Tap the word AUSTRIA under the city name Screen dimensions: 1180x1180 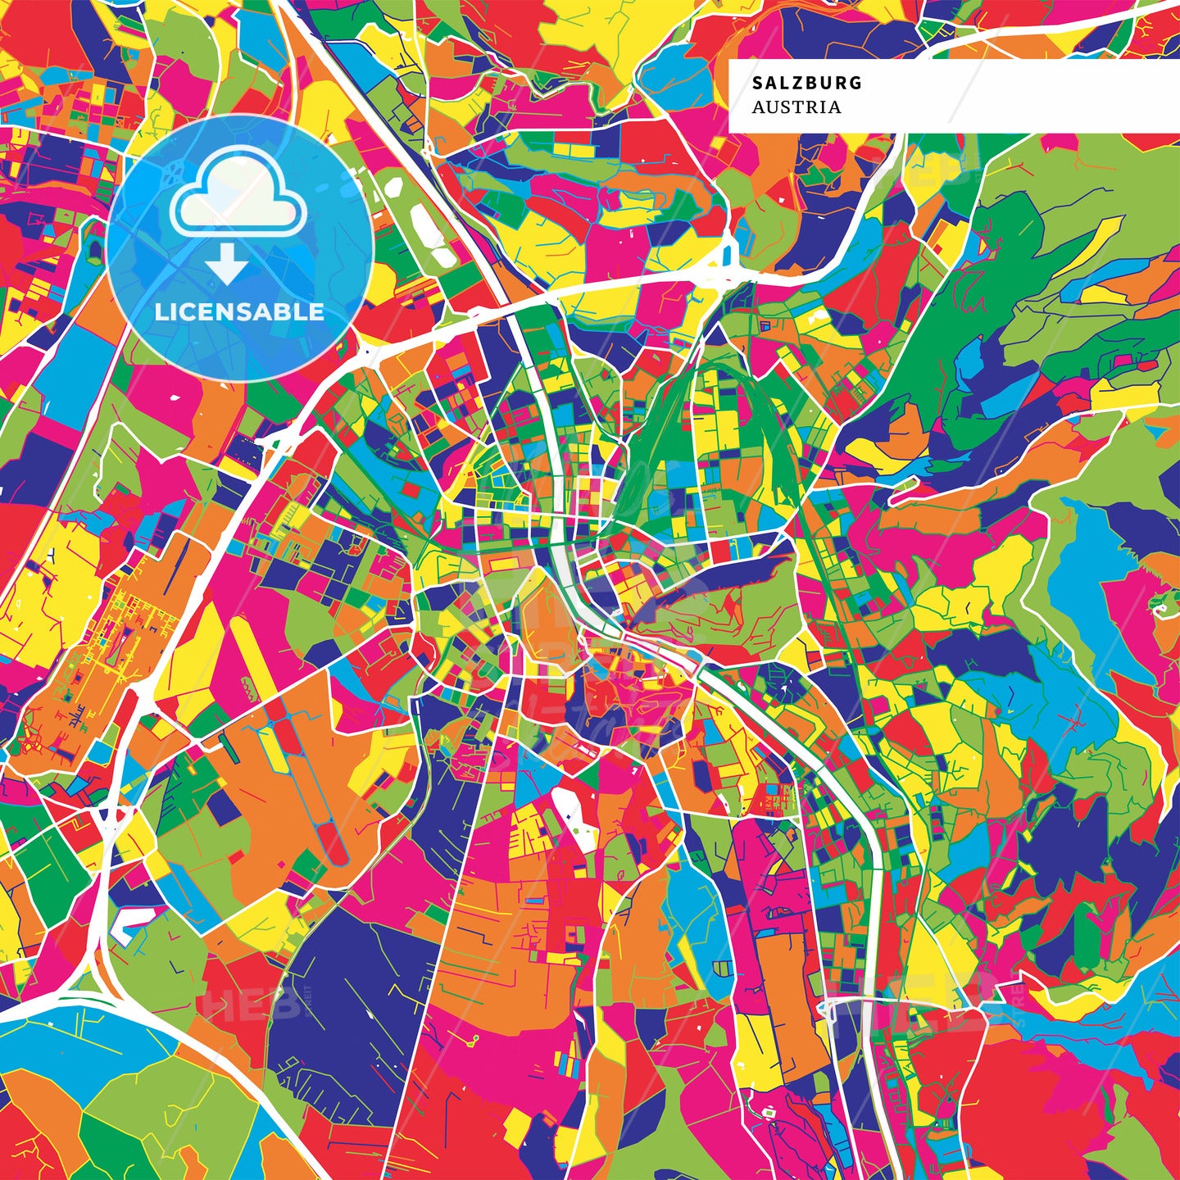(x=796, y=107)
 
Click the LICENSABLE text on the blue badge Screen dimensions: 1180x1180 (x=239, y=311)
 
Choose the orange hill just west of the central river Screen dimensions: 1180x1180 (x=537, y=623)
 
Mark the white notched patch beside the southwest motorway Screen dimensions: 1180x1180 (x=131, y=922)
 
